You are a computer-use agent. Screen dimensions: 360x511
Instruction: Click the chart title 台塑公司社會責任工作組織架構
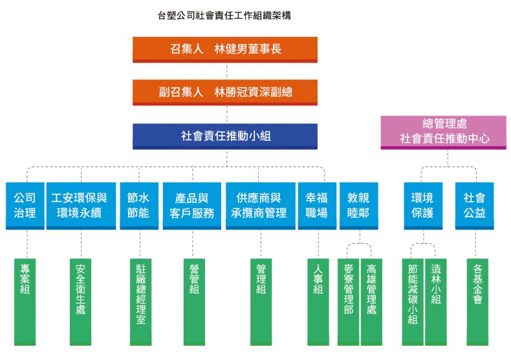[224, 15]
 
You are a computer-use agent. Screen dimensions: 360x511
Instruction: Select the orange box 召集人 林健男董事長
[225, 49]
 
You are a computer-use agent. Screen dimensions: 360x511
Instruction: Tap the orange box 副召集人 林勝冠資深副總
[225, 92]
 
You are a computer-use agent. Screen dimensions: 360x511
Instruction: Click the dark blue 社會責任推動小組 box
[225, 136]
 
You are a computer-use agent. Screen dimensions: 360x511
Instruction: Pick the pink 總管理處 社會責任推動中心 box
[443, 131]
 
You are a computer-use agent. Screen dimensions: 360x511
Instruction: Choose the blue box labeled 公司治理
[25, 206]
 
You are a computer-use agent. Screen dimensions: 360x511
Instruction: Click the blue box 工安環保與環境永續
[82, 206]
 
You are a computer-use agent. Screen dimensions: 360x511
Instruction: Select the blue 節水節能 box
[138, 206]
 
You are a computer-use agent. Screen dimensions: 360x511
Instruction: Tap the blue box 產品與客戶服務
[192, 206]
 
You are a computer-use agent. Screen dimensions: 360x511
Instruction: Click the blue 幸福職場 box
[316, 206]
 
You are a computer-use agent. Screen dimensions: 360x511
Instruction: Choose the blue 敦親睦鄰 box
[358, 206]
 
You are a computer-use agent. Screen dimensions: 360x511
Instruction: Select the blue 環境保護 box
[422, 206]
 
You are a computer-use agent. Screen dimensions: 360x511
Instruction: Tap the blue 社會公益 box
[475, 206]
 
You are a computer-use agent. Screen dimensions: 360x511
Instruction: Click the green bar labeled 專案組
[25, 301]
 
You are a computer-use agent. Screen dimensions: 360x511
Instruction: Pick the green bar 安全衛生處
[80, 301]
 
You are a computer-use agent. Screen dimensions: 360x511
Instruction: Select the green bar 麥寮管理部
[349, 301]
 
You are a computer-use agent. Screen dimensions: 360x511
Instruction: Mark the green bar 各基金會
[477, 301]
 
